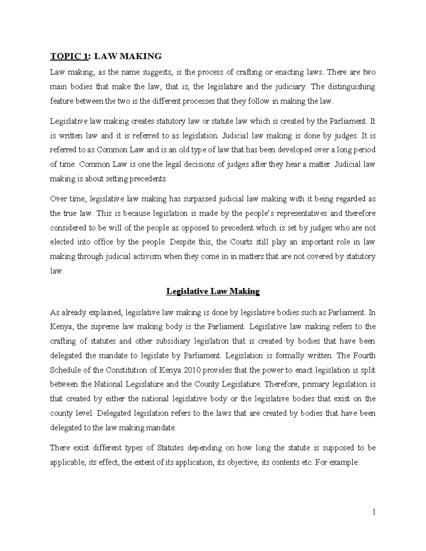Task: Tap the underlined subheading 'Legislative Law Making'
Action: coord(213,292)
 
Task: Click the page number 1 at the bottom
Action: coord(374,512)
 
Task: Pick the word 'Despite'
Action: coord(181,242)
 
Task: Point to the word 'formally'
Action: coord(294,356)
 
